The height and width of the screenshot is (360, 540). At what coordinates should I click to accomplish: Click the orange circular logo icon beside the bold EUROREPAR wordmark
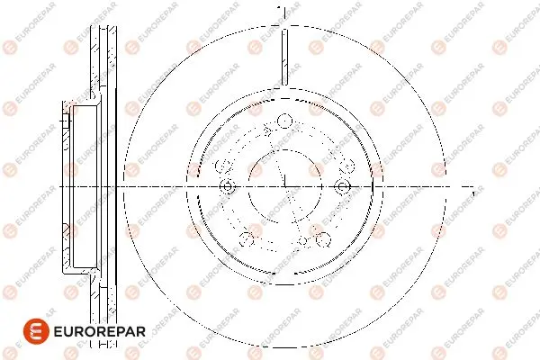36,331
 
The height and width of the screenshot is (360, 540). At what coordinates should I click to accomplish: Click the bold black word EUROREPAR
100,332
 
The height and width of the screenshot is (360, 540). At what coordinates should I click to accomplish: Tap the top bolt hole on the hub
284,121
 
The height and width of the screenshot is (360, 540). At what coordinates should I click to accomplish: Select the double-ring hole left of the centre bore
228,186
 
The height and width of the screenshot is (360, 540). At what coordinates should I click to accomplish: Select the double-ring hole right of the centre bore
342,186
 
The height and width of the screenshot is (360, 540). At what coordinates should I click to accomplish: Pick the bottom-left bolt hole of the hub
247,239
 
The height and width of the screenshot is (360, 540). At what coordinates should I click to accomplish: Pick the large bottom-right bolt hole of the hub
323,239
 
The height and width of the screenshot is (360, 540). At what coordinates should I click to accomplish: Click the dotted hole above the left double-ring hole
223,166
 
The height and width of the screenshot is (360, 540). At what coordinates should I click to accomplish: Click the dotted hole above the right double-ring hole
347,166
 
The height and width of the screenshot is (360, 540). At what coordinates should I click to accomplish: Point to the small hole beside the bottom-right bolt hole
302,241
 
